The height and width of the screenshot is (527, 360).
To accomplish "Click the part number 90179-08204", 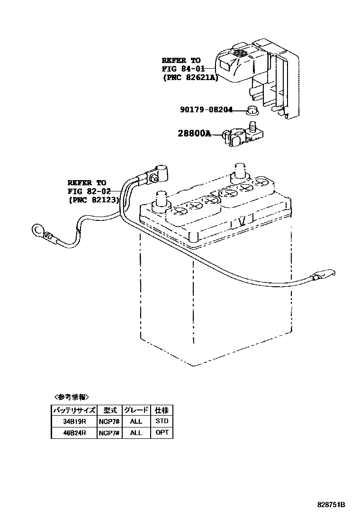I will [206, 110].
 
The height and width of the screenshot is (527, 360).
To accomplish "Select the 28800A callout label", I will [194, 134].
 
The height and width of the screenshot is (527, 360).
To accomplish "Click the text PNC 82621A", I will [190, 78].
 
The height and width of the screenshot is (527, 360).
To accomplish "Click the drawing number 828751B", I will [331, 505].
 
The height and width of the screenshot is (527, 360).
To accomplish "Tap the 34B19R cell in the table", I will [74, 421].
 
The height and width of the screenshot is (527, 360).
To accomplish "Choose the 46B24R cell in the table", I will [74, 433].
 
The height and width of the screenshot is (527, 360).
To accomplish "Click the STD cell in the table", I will [162, 421].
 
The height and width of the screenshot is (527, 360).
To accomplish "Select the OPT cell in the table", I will [162, 433].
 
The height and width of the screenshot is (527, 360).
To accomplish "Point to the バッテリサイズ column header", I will [74, 410].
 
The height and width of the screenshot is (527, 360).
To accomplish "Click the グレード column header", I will [136, 410].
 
